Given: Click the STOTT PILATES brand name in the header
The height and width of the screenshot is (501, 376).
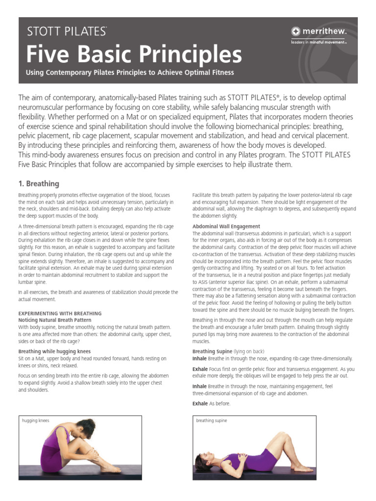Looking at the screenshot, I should pos(67,32).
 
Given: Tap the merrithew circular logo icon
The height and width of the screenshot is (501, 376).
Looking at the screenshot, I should pos(296,32).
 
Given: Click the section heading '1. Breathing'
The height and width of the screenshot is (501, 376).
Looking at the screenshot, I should pos(39,184).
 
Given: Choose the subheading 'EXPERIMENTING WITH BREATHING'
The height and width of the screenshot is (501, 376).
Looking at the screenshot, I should pos(60,313).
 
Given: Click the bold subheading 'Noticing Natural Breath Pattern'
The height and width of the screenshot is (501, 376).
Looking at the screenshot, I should pos(55,319).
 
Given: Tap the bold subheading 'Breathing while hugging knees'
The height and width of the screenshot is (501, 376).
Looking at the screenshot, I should pos(54,351).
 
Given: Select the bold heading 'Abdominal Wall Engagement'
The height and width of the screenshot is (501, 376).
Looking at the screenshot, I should pos(226,227).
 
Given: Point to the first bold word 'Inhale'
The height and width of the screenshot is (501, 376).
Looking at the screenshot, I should pos(200,358).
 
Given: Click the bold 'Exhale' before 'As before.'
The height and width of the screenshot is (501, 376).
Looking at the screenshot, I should pos(200,404).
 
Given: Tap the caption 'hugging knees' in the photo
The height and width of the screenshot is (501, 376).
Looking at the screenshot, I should pos(36,420).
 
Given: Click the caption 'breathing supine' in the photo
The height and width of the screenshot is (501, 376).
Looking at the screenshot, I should pos(211,420).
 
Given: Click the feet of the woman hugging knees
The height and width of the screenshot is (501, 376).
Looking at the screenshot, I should pos(111,469).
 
